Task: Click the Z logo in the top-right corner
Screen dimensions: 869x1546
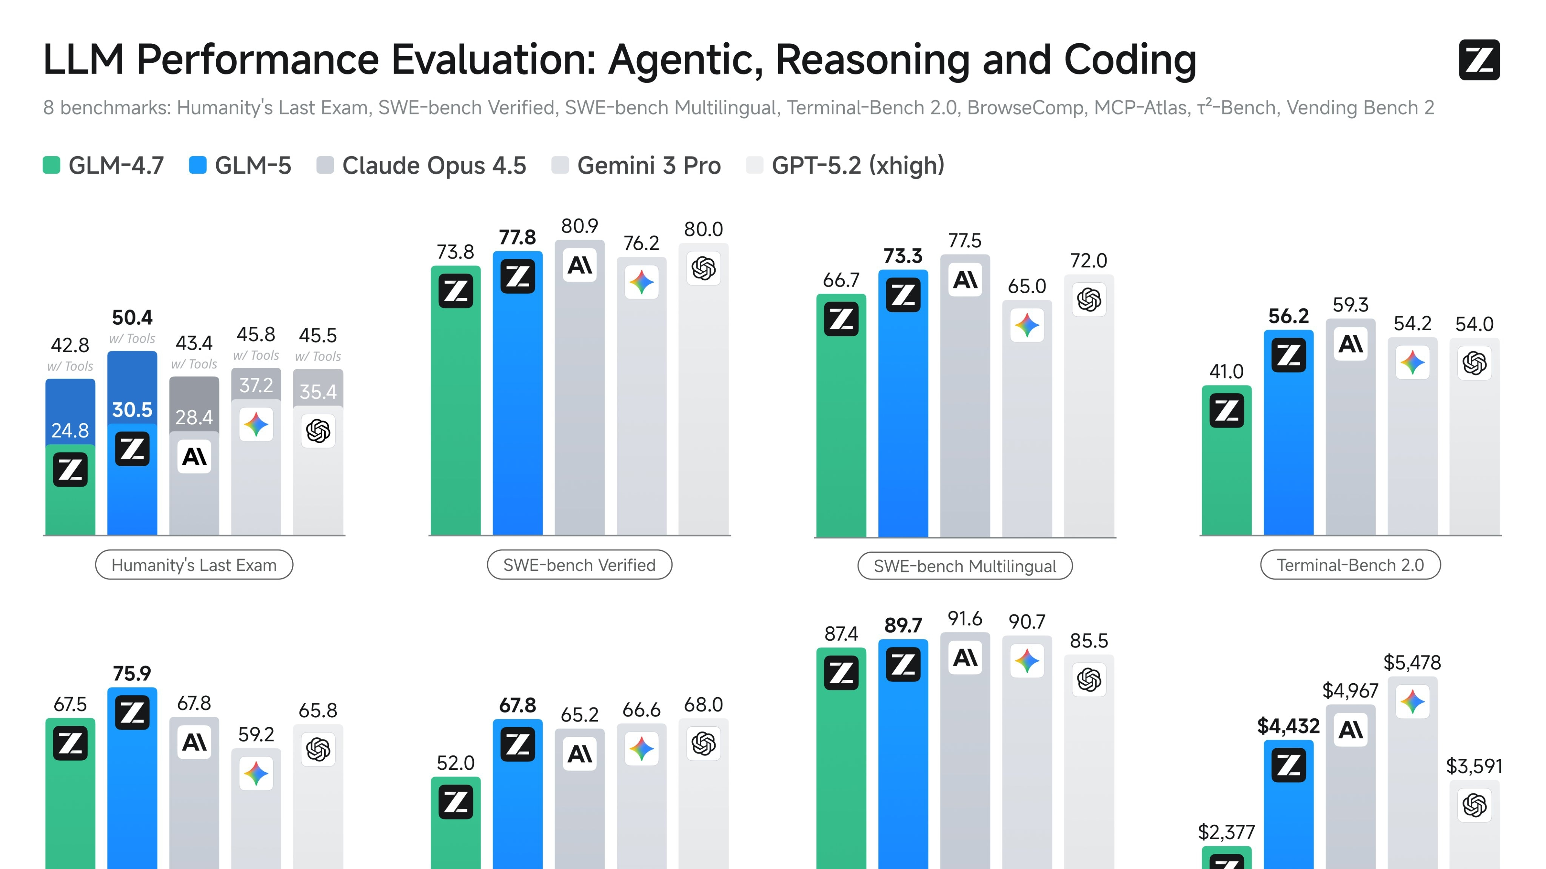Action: point(1479,60)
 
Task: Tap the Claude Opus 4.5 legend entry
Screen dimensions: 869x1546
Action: point(421,166)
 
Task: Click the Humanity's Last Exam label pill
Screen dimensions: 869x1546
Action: point(194,565)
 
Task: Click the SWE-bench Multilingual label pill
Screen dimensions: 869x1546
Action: point(964,566)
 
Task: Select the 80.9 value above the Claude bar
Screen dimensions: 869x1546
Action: point(579,226)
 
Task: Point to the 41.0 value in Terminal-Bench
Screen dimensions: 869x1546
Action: point(1226,371)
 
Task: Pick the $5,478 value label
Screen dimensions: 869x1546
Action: point(1412,663)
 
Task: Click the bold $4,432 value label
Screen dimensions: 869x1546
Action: point(1288,726)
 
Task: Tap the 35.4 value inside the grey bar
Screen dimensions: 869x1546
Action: point(318,392)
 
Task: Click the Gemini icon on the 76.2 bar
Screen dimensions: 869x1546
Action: point(641,282)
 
